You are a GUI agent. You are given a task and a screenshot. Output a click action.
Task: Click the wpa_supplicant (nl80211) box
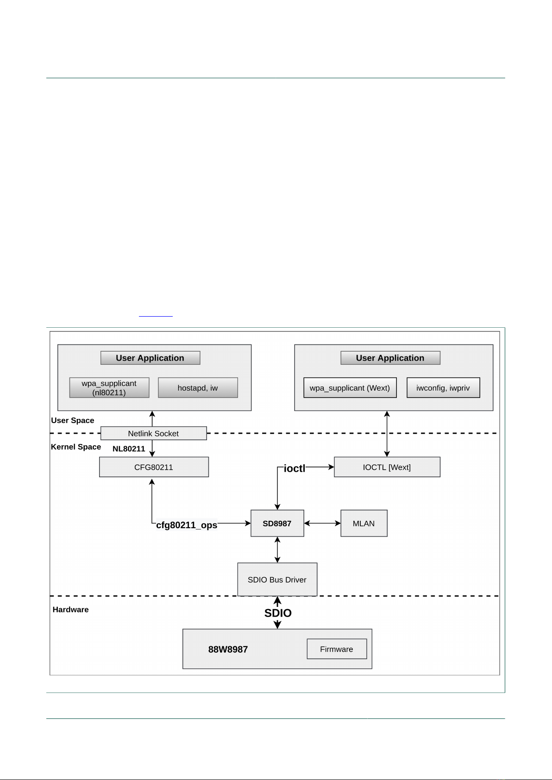(109, 387)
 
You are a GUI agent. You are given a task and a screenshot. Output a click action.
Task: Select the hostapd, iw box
(198, 387)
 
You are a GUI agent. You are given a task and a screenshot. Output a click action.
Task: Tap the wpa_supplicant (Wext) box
(350, 387)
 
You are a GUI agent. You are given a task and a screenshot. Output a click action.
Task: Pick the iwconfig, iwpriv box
(443, 387)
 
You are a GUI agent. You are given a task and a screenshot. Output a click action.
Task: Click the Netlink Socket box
(154, 433)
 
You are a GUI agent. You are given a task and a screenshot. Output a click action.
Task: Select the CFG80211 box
(154, 467)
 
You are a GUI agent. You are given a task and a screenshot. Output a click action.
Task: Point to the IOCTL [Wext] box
(387, 467)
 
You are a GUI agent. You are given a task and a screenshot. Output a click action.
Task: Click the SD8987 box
(277, 524)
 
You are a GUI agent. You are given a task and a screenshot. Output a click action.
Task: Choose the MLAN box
(364, 524)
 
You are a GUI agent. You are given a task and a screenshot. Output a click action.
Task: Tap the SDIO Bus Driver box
(277, 580)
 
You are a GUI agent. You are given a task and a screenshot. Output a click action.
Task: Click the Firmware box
(337, 649)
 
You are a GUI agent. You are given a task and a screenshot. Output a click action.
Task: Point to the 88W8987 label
(228, 649)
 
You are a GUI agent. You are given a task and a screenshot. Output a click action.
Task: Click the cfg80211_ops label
(187, 525)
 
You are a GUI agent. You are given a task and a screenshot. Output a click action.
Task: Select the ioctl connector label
(294, 468)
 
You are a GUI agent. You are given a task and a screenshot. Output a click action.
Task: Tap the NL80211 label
(129, 449)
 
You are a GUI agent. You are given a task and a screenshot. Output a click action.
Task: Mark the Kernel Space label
(76, 447)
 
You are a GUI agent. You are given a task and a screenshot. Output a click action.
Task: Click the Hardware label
(71, 609)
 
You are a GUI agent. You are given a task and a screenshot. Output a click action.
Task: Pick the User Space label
(72, 420)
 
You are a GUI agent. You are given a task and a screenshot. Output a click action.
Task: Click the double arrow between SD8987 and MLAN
(322, 523)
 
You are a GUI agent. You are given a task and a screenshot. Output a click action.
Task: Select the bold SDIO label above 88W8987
(278, 613)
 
